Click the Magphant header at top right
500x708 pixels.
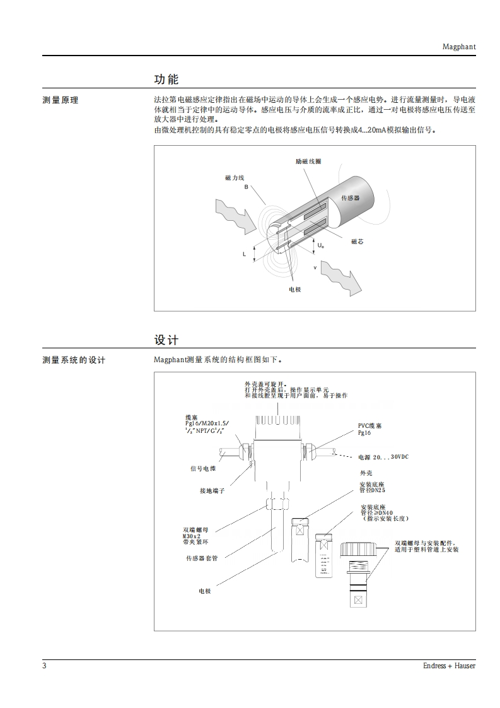458,46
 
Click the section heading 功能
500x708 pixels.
166,80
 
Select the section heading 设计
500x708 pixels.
166,340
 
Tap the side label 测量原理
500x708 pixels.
61,100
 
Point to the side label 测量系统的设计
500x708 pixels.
74,360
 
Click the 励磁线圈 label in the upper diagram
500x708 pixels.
308,162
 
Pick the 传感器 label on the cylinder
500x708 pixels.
350,198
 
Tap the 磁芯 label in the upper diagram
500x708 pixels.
357,242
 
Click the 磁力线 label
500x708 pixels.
234,179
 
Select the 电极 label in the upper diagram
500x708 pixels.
294,289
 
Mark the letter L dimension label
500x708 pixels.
244,254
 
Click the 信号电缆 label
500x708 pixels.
203,468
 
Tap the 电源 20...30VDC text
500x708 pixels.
383,457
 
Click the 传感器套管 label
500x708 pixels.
202,558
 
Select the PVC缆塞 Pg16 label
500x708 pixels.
369,430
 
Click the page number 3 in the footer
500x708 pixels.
45,666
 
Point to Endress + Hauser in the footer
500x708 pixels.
449,666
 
